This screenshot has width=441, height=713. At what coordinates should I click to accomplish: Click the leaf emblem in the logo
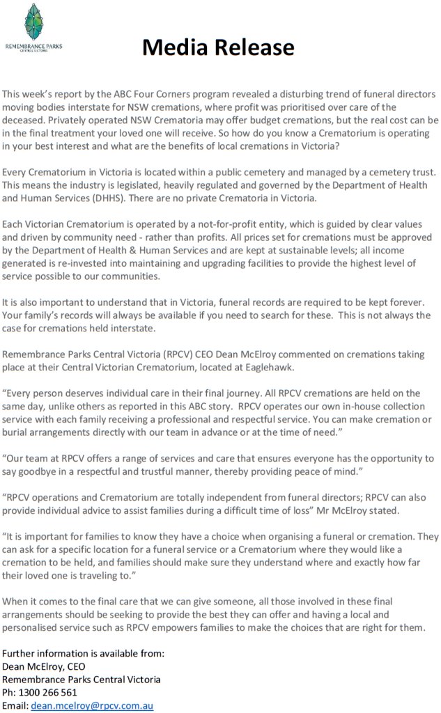pos(33,21)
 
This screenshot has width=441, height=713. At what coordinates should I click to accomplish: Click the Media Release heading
pos(218,47)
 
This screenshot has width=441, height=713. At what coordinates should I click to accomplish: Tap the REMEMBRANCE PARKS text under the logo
pos(33,47)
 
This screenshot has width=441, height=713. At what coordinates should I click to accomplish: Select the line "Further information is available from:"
pos(84,653)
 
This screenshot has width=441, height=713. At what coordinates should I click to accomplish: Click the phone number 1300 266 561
pos(48,692)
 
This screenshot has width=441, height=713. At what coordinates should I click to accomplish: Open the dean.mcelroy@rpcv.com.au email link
pos(92,705)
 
